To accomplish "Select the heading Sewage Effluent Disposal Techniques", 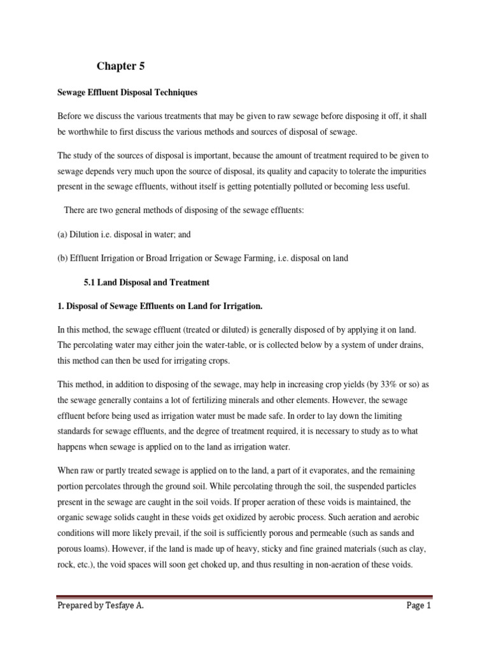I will pos(127,93).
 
